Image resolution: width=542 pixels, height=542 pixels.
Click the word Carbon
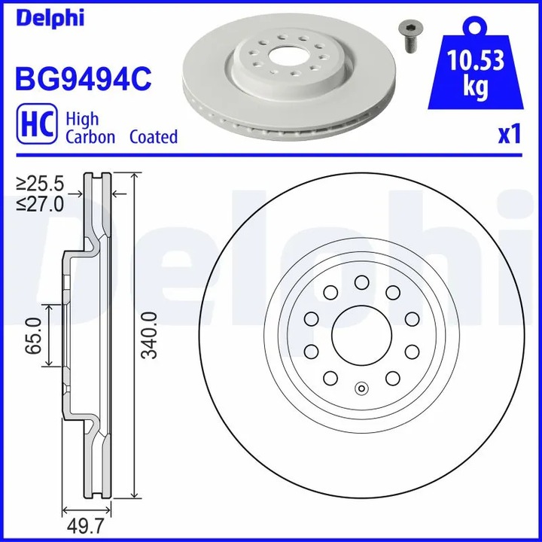(x=90, y=137)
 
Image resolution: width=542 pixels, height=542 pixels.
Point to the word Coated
(x=154, y=137)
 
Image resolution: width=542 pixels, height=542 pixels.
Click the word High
(x=82, y=119)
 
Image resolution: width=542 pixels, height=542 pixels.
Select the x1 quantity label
(x=510, y=135)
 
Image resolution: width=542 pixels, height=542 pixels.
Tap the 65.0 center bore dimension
(x=32, y=335)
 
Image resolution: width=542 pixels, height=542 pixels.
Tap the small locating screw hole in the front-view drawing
(x=361, y=389)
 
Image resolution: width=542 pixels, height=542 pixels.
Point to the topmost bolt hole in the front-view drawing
(x=361, y=282)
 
